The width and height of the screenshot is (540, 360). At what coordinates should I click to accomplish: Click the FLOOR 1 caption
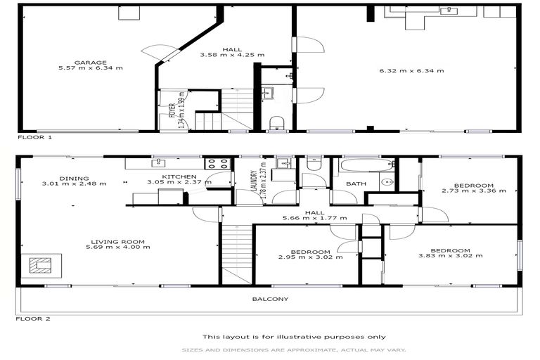pos(34,138)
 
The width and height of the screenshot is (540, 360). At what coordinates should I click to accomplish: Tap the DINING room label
pos(73,178)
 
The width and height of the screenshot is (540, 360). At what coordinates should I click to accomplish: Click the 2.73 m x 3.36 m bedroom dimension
pos(473,190)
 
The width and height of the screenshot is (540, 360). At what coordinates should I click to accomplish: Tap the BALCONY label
pos(270,299)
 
